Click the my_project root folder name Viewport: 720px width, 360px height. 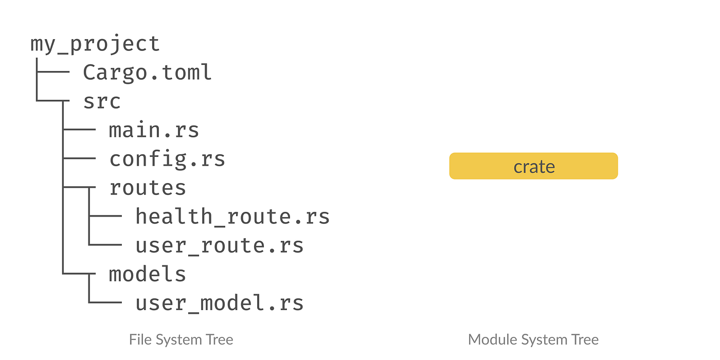point(95,44)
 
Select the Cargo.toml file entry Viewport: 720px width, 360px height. point(147,73)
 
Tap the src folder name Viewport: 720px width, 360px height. point(102,101)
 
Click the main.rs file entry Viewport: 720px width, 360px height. point(154,130)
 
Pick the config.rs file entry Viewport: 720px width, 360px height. point(167,159)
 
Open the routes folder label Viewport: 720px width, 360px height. point(148,188)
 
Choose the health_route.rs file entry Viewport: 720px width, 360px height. point(232,217)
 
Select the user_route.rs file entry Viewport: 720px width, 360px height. point(220,245)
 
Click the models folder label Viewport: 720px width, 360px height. point(148,274)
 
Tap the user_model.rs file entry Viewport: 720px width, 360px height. point(220,303)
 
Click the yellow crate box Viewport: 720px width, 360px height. point(533,166)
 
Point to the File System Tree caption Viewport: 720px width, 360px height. point(181,339)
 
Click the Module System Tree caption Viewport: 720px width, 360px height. point(533,339)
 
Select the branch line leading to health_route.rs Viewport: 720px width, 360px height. point(105,217)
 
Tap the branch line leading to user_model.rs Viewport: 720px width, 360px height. point(105,302)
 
